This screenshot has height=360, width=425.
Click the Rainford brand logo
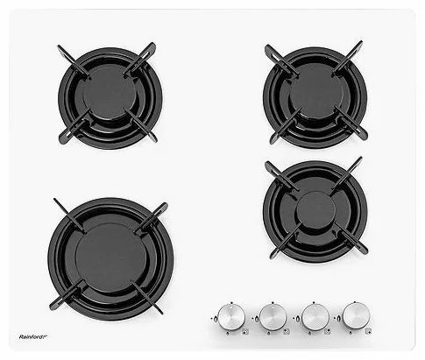[x=33, y=336]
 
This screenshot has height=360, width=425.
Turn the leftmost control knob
[x=231, y=317]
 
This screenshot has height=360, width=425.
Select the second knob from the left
[x=273, y=317]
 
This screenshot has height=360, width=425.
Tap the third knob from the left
[x=315, y=317]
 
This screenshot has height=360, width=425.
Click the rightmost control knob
[x=357, y=316]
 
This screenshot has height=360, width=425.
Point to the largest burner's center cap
[x=110, y=258]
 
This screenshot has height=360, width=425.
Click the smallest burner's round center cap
[x=315, y=210]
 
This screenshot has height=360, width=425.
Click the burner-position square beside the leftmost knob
[x=245, y=331]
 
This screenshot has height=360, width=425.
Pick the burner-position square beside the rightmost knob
[x=369, y=331]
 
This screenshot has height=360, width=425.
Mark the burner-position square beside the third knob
[x=328, y=331]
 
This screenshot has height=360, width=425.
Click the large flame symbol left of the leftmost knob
[x=215, y=318]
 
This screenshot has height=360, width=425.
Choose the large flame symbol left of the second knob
[x=257, y=318]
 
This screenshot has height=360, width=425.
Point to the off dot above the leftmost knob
[x=231, y=302]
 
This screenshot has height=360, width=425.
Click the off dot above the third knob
[x=314, y=302]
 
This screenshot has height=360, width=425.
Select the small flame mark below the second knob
[x=268, y=333]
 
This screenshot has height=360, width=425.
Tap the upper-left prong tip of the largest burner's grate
[x=55, y=200]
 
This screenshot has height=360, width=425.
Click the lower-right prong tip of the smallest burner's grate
[x=365, y=251]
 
